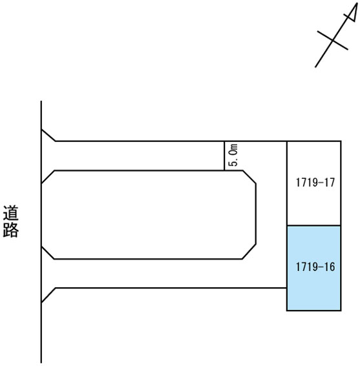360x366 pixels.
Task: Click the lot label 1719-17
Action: [315, 182]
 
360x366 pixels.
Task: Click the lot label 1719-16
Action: [315, 267]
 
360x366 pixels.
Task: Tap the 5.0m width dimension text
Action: [234, 155]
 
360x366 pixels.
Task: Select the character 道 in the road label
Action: [11, 213]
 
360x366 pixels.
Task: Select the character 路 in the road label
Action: [11, 230]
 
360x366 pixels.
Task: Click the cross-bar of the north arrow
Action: [332, 40]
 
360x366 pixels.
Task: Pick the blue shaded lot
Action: [313, 268]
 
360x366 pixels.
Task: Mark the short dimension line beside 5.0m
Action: [224, 156]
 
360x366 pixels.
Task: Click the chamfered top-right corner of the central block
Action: [249, 177]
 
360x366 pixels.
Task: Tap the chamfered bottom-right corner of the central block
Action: [249, 252]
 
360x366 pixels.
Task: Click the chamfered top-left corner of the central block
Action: [48, 177]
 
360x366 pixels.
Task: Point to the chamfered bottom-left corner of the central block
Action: [48, 252]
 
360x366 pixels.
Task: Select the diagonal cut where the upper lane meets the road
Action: [48, 135]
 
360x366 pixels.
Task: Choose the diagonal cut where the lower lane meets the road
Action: [48, 295]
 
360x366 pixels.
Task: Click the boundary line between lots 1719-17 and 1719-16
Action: [313, 225]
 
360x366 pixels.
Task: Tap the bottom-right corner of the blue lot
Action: [341, 310]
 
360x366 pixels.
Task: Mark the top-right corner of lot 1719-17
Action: [341, 141]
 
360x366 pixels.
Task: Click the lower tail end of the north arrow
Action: [315, 67]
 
